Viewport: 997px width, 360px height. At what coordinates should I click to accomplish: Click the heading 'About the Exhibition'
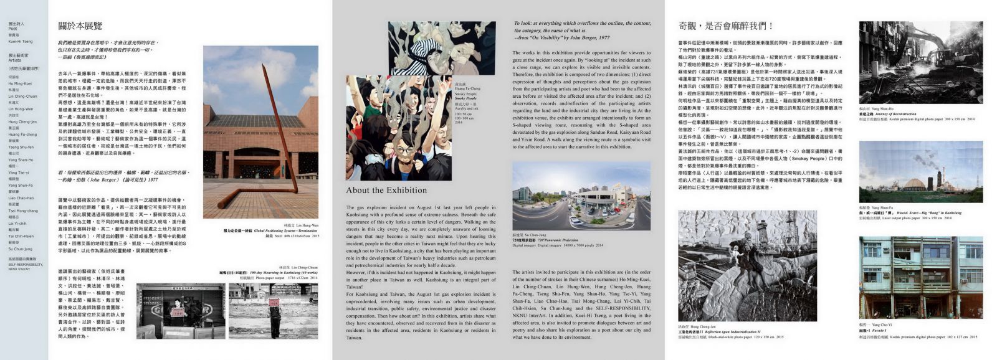pyautogui.click(x=386, y=191)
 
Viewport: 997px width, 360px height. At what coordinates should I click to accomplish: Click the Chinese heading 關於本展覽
pyautogui.click(x=80, y=26)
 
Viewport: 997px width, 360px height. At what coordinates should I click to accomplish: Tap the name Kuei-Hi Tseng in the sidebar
pyautogui.click(x=21, y=41)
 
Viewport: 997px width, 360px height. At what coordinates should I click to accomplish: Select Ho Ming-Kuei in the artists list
pyautogui.click(x=20, y=83)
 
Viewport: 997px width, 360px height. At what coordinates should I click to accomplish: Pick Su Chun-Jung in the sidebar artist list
pyautogui.click(x=21, y=249)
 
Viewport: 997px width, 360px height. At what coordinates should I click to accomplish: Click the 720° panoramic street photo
pyautogui.click(x=581, y=196)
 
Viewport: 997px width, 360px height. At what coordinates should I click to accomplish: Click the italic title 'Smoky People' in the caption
pyautogui.click(x=465, y=98)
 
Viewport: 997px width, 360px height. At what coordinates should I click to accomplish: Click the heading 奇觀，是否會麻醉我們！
pyautogui.click(x=725, y=26)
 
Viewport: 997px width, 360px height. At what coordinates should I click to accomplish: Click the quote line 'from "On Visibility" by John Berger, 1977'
pyautogui.click(x=561, y=37)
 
